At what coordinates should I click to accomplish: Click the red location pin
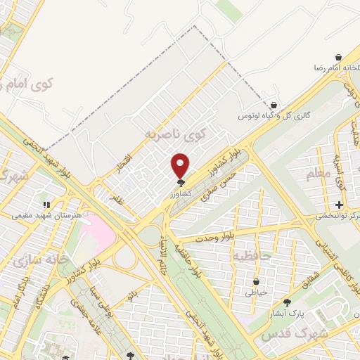pos(181,165)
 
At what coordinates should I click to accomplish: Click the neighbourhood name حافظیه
pos(252,254)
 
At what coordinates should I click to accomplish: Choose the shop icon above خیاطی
pos(257,281)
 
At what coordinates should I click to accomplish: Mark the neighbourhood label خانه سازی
pos(41,262)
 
